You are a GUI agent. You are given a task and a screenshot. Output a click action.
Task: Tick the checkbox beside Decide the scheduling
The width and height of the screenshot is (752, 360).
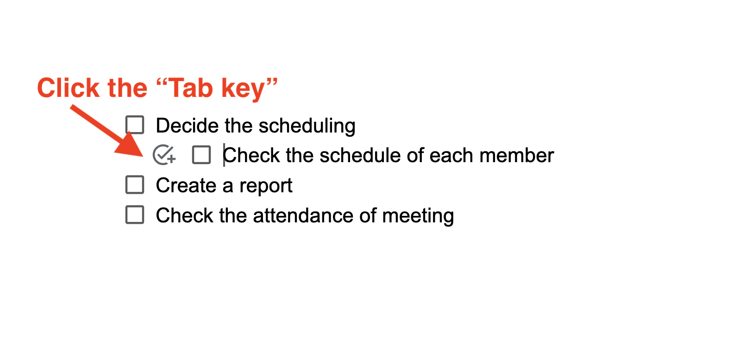click(x=135, y=125)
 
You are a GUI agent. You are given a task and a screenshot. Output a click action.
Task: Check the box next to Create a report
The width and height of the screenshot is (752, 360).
click(x=135, y=185)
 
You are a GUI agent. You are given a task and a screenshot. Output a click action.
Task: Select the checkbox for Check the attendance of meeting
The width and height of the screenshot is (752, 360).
click(x=135, y=215)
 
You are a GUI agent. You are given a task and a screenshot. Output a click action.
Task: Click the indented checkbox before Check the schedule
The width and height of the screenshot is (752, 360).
click(x=201, y=155)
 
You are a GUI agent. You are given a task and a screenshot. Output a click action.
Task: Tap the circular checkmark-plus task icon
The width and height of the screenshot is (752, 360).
click(x=164, y=155)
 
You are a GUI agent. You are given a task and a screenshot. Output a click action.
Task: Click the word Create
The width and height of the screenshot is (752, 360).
click(x=186, y=185)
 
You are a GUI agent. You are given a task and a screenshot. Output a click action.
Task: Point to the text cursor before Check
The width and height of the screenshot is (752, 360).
click(x=224, y=155)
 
